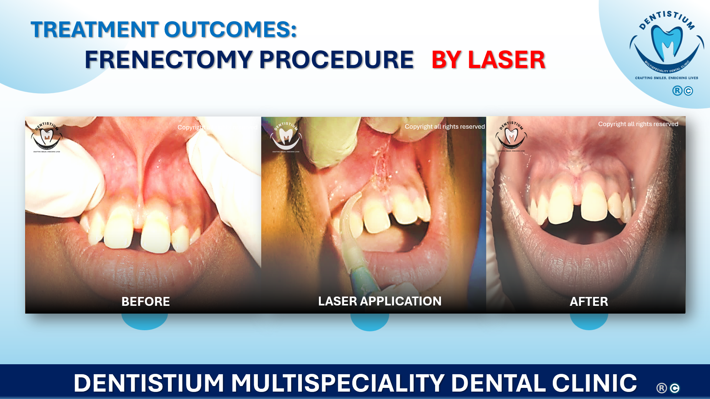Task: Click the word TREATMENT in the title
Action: click(x=95, y=30)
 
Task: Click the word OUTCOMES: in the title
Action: click(x=230, y=30)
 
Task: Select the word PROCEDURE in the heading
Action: click(x=336, y=60)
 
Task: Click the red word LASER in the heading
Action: click(x=507, y=60)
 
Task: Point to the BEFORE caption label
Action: click(x=145, y=301)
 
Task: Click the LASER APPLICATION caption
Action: click(x=380, y=301)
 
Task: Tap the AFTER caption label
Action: click(x=589, y=301)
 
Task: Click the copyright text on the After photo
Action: click(x=638, y=124)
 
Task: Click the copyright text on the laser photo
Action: click(x=444, y=126)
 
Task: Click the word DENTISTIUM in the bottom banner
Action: click(x=149, y=383)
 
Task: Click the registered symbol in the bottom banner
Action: click(x=662, y=388)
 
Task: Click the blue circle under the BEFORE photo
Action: click(x=145, y=321)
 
